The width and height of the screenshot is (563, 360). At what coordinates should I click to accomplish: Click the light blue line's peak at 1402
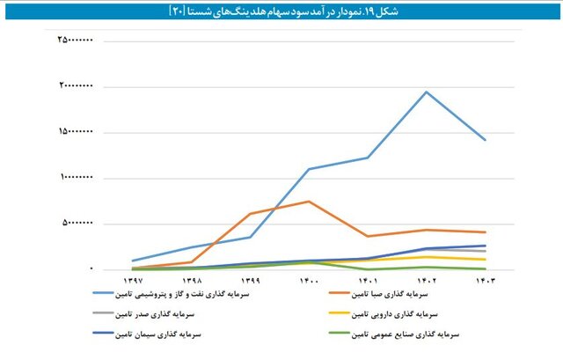427,92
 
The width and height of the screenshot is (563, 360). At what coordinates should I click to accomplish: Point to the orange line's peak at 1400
309,202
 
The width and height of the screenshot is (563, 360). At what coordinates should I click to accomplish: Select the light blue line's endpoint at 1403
485,140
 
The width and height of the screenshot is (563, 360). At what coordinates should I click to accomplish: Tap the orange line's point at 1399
250,214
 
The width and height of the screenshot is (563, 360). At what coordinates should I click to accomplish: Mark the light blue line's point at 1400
309,169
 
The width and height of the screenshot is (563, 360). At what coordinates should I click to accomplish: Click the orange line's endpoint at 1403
485,232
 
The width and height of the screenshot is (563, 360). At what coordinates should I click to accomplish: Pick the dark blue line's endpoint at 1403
485,246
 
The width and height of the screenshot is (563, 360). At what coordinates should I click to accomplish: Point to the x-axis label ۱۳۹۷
133,280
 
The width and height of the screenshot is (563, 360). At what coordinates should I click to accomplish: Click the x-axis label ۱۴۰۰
309,280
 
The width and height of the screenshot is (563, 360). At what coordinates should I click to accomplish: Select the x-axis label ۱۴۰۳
485,280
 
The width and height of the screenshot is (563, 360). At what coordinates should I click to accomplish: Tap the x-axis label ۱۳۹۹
250,280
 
